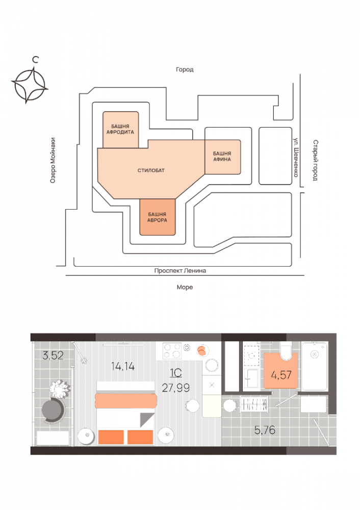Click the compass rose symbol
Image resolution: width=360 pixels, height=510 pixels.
30,85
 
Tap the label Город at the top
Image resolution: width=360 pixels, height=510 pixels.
185,70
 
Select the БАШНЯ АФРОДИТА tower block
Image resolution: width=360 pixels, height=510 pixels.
120,129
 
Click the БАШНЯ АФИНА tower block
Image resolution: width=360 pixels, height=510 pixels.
222,156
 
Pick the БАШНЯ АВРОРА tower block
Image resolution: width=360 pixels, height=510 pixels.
158,217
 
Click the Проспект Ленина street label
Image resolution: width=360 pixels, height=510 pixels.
180,271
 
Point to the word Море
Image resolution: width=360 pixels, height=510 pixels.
185,288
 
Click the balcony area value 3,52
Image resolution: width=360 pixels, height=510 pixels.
53,356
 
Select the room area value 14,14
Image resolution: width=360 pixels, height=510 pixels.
122,365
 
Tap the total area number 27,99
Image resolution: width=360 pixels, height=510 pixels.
176,388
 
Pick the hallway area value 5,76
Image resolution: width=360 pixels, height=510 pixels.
265,429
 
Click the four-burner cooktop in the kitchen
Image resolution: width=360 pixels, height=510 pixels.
172,351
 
